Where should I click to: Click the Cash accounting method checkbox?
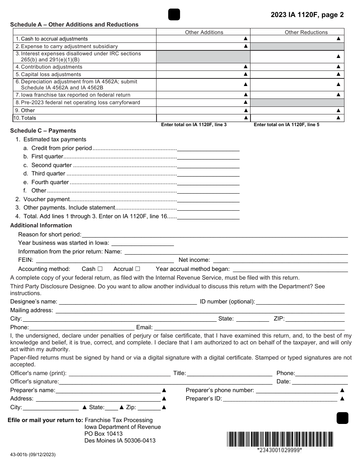point(100,269)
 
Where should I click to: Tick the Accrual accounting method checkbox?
point(138,269)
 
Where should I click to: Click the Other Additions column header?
point(204,32)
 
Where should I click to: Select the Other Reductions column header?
point(306,32)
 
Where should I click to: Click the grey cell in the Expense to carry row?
point(297,46)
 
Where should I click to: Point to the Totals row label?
point(28,118)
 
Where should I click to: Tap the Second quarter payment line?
point(208,165)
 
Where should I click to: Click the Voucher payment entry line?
point(208,199)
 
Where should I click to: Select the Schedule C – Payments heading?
point(43,131)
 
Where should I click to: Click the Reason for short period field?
point(214,235)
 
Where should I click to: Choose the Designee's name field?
point(128,302)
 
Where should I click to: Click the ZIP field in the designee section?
point(315,319)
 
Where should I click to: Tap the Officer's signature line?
point(166,382)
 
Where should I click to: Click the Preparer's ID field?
point(280,399)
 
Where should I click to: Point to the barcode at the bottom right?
point(280,439)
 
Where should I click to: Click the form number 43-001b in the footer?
point(33,454)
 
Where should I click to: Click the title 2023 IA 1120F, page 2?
point(307,15)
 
